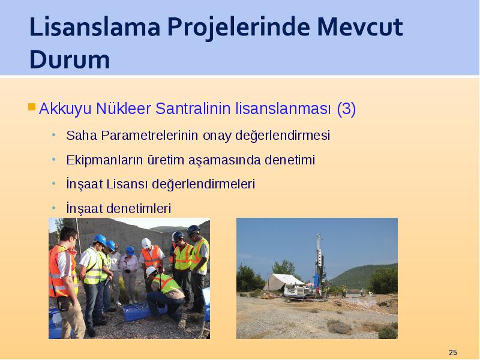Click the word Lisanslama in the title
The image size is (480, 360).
click(x=95, y=27)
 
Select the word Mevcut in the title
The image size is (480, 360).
click(x=359, y=27)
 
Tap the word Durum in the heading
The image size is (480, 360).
click(x=70, y=59)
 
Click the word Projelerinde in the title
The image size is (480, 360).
click(x=238, y=28)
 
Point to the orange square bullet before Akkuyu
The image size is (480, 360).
click(x=32, y=107)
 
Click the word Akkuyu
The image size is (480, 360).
click(x=65, y=109)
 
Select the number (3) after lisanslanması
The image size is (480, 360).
click(x=346, y=109)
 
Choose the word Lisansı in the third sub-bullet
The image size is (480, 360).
click(x=127, y=184)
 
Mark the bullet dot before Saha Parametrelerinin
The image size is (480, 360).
click(x=54, y=134)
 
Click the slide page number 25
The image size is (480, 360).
click(x=453, y=352)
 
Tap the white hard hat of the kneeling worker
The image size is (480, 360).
click(x=151, y=271)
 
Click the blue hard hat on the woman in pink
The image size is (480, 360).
click(x=130, y=251)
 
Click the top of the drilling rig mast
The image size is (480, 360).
click(x=319, y=235)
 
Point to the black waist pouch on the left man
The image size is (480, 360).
click(x=64, y=304)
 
